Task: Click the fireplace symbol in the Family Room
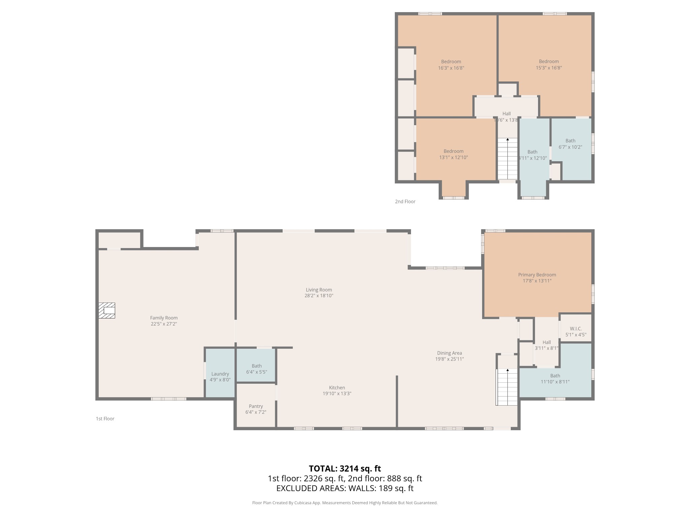[107, 310]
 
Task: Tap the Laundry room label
[220, 374]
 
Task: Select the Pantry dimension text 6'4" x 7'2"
[256, 412]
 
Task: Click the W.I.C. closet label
[576, 329]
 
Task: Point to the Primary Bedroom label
[537, 275]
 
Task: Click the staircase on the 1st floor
[507, 387]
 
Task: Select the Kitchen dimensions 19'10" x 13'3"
[337, 393]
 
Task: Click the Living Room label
[319, 289]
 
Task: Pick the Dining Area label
[449, 353]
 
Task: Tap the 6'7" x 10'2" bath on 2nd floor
[570, 144]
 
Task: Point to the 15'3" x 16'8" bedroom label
[549, 64]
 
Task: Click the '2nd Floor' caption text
[405, 201]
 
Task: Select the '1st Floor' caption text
[105, 418]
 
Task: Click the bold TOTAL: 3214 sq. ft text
[345, 468]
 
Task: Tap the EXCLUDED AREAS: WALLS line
[345, 488]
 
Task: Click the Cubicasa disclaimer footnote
[345, 503]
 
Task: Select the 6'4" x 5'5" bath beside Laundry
[256, 369]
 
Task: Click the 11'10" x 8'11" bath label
[555, 379]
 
